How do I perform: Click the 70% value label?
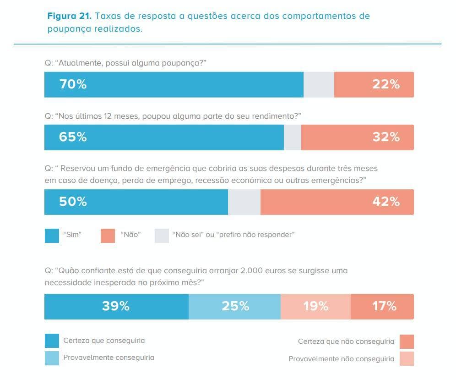point(72,84)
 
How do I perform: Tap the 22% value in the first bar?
point(385,84)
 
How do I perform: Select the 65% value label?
point(72,137)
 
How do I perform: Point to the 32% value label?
point(385,137)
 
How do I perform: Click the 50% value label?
point(72,202)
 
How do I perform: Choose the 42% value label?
point(385,202)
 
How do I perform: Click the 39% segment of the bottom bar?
point(115,306)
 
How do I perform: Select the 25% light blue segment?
point(235,306)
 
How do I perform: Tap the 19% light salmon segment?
point(315,306)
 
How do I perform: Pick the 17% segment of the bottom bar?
point(384,306)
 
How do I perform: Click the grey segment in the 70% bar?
point(319,84)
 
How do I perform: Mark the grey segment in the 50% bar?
point(244,202)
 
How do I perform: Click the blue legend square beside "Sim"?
point(52,235)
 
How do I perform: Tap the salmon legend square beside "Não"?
point(108,235)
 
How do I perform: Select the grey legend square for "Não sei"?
point(162,235)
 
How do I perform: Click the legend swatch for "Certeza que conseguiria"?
point(52,341)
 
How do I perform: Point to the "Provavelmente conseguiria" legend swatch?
point(52,358)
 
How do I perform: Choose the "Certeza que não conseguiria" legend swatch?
point(407,341)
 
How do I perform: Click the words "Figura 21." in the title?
point(70,16)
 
